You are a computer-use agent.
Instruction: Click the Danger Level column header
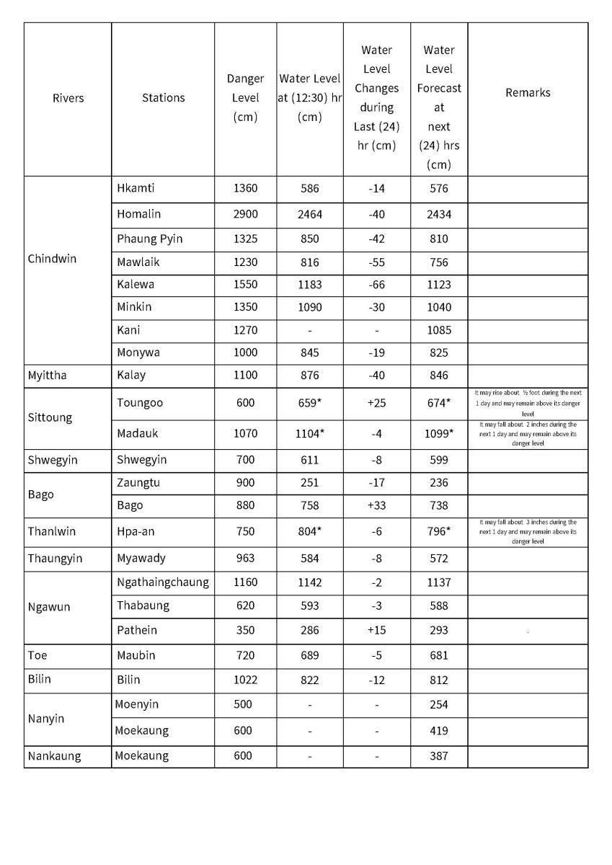coord(245,97)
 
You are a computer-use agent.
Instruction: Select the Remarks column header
coord(528,92)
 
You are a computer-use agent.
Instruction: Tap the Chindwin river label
coord(52,259)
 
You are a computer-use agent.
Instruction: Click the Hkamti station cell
coord(136,188)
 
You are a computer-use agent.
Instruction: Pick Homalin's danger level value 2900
coord(245,214)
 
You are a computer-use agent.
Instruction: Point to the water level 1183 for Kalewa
coord(309,284)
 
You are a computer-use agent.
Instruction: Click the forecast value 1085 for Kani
coord(438,330)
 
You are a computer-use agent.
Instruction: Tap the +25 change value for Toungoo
coord(376,403)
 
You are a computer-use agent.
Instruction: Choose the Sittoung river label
coord(50,417)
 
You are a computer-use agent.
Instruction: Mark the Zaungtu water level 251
coord(309,482)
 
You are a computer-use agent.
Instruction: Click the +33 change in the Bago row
coord(376,505)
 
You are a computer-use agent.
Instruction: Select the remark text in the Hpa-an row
coord(528,531)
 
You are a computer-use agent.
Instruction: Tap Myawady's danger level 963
coord(245,558)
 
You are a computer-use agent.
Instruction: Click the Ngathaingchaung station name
coord(163,582)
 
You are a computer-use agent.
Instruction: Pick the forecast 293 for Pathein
coord(438,630)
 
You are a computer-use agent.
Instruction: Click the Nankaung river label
coord(54,755)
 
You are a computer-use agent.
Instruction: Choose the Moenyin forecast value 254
coord(438,704)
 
